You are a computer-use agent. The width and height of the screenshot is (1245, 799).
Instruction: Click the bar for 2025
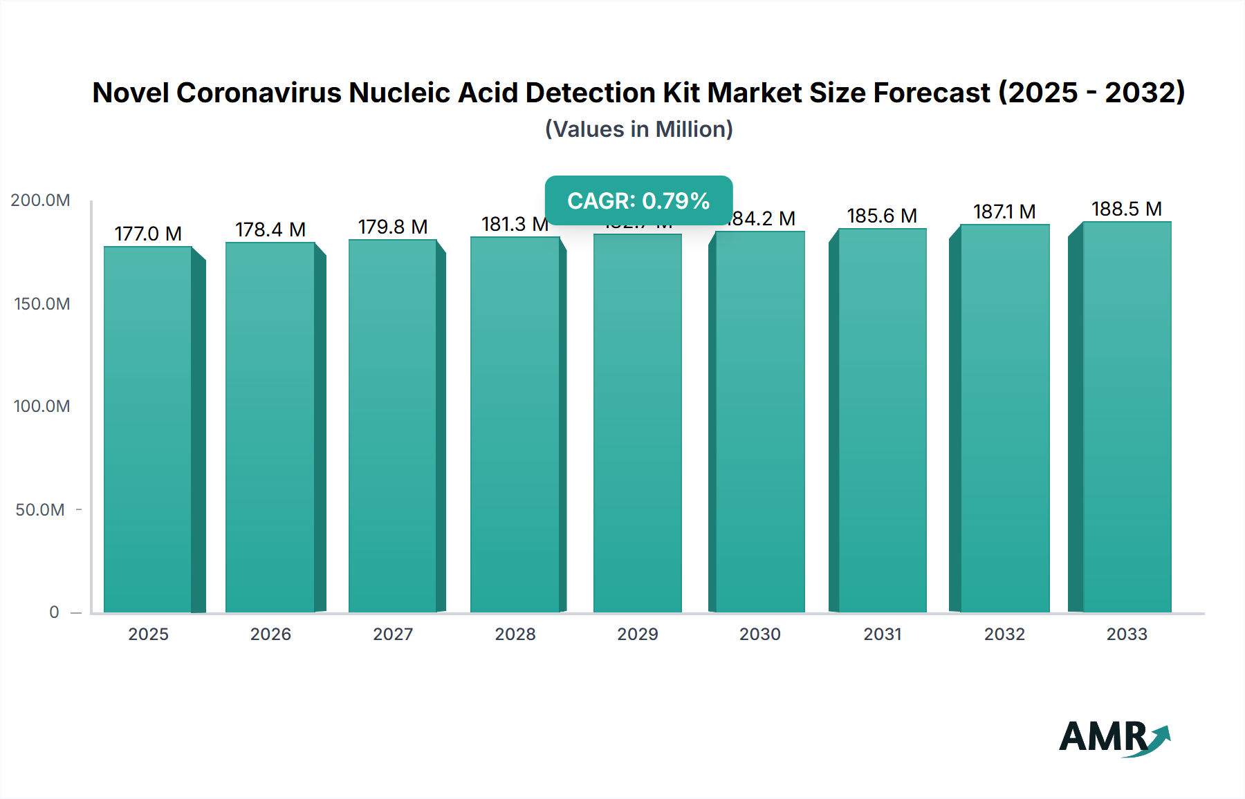(x=148, y=429)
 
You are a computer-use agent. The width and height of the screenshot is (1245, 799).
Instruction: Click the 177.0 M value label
(x=148, y=234)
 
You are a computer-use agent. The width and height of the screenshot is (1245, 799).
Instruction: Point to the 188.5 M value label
(x=1127, y=209)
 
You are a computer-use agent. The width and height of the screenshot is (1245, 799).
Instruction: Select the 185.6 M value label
(x=882, y=216)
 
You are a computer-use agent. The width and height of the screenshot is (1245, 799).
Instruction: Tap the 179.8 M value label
(x=392, y=227)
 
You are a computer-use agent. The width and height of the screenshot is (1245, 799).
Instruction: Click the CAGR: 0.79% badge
(x=638, y=200)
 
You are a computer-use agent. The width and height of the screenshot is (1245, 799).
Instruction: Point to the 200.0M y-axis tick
(x=40, y=200)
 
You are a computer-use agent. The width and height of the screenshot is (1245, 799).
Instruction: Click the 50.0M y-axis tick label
(x=40, y=510)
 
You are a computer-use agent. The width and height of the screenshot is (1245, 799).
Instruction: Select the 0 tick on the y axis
(x=54, y=612)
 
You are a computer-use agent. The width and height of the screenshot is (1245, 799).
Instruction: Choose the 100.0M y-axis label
(x=41, y=406)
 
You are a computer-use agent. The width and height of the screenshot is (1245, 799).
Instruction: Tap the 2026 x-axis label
(x=270, y=634)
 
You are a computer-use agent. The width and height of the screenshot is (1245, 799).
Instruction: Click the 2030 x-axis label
(x=759, y=634)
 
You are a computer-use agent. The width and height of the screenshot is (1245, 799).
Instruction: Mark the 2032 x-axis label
(x=1004, y=634)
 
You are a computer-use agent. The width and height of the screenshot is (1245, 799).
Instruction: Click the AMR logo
(x=1114, y=737)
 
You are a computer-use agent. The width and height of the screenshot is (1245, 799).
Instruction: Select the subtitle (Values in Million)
(x=638, y=129)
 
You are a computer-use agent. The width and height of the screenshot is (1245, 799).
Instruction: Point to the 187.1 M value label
(x=1004, y=211)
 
